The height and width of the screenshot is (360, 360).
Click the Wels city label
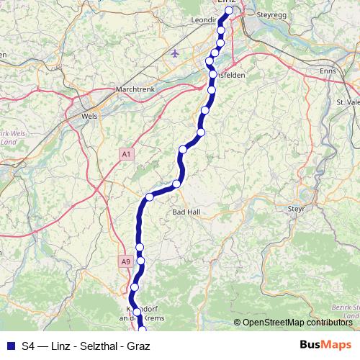(x=90, y=114)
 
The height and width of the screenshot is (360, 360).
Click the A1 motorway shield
(x=127, y=154)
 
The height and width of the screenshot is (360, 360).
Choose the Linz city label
(x=228, y=4)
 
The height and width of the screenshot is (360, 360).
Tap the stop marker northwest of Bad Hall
(x=176, y=184)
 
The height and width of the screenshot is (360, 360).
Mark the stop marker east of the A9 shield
(x=140, y=260)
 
